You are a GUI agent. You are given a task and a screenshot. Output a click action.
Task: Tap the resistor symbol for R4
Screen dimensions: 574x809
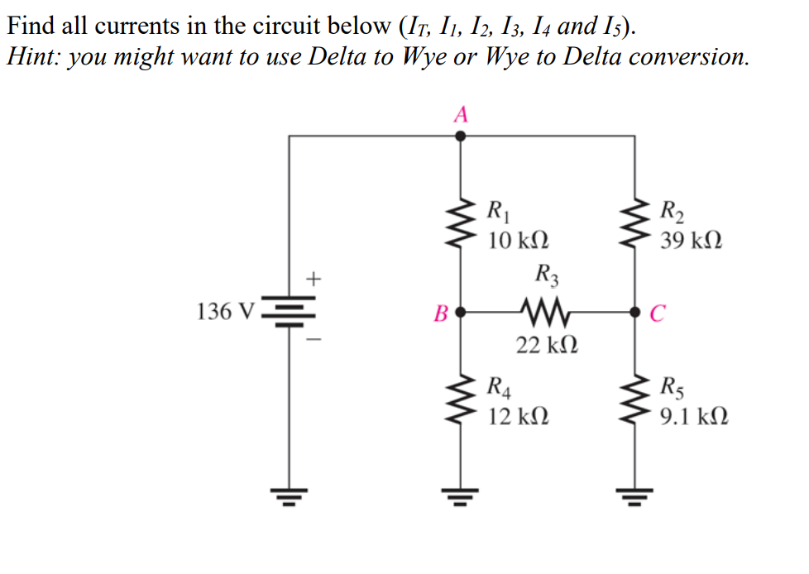[x=461, y=399]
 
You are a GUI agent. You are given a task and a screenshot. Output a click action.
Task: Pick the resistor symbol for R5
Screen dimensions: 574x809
[x=635, y=399]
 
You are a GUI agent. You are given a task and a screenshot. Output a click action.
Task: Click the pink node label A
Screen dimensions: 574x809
[x=461, y=114]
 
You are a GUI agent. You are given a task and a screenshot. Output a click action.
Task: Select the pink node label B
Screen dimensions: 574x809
[x=441, y=314]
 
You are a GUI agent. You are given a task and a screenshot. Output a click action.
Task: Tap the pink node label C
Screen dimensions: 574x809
[x=657, y=314]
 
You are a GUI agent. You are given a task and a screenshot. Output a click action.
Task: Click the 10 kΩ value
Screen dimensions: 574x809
[x=517, y=241]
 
